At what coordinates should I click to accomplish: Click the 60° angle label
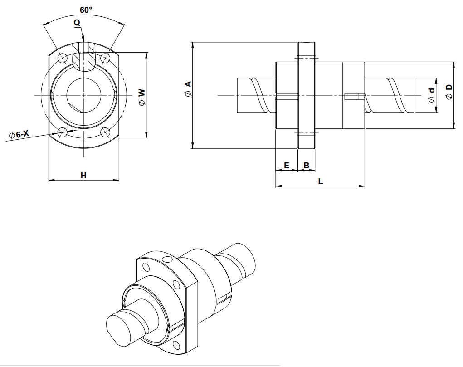tap(86, 10)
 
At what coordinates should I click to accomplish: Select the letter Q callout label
tap(77, 23)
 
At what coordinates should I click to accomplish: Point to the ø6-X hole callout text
tap(19, 134)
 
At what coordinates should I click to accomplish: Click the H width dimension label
tap(83, 176)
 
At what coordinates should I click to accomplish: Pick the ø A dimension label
tap(188, 88)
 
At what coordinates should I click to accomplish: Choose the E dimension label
tap(287, 166)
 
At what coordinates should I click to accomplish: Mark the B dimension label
tap(307, 166)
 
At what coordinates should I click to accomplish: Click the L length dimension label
tap(320, 181)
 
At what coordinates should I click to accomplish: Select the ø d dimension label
tap(432, 95)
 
